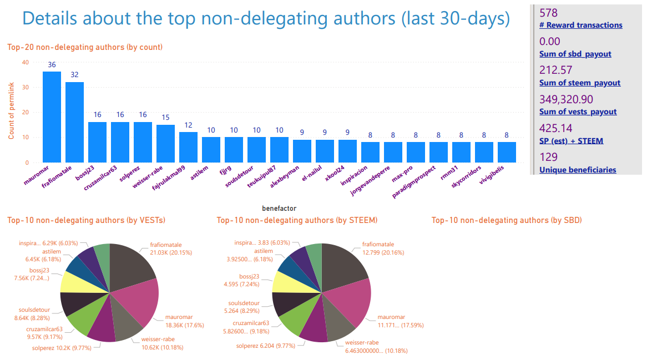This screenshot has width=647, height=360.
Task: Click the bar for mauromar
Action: click(x=52, y=117)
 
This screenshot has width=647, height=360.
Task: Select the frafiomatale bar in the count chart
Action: click(x=74, y=122)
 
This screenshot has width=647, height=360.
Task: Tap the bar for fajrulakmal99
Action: click(x=188, y=147)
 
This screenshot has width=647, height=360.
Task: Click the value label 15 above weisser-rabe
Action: click(x=165, y=118)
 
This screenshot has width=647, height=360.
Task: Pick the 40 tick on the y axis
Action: click(x=25, y=62)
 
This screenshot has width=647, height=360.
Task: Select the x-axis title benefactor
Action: click(x=279, y=209)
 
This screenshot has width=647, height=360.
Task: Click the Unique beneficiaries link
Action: click(x=577, y=170)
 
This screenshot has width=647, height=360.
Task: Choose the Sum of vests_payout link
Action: click(x=578, y=111)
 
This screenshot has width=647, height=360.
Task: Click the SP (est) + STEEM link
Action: click(x=571, y=141)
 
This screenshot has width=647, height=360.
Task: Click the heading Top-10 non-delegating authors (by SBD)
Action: click(x=506, y=220)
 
